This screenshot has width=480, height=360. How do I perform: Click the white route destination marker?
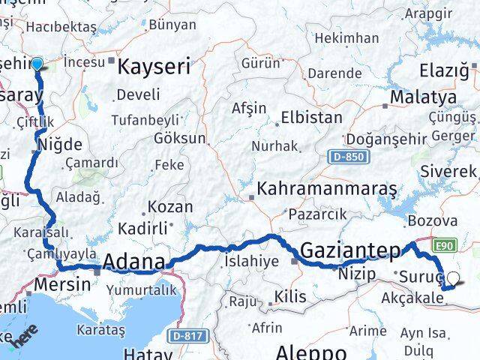pos(452,280)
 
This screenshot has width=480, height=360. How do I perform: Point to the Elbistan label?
pos(311,118)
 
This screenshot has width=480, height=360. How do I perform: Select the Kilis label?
pos(290,297)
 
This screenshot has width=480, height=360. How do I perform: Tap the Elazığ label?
pos(448,72)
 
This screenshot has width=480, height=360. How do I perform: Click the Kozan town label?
pos(170,206)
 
